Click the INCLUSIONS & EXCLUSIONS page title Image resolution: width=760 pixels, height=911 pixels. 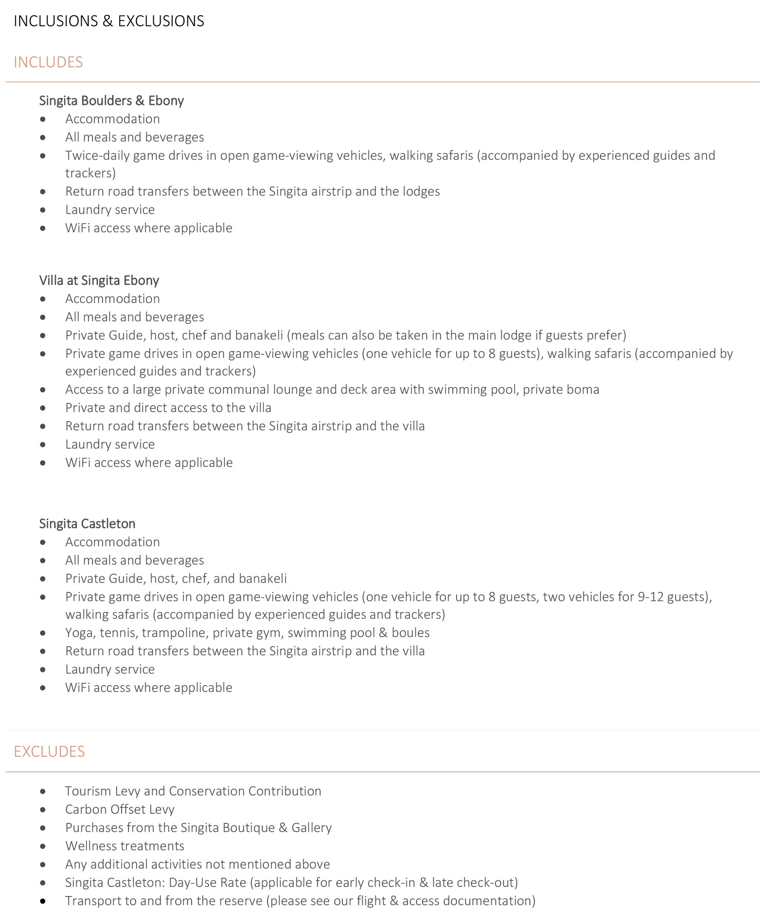pos(109,21)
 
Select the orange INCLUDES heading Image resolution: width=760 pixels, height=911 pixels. pos(48,62)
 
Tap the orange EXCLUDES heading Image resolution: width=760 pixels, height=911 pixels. pos(49,751)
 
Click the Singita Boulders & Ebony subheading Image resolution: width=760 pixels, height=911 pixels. pos(111,101)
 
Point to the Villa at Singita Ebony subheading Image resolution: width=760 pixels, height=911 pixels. pos(99,280)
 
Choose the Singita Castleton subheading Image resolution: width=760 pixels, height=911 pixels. pos(87,523)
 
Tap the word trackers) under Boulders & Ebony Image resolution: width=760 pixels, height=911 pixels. pos(91,173)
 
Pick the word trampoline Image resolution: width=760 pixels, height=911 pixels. pos(174,633)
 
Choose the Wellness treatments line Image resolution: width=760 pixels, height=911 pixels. pos(125,846)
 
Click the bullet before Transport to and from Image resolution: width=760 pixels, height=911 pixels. pos(42,901)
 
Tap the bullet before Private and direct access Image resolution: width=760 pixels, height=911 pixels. pos(42,408)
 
